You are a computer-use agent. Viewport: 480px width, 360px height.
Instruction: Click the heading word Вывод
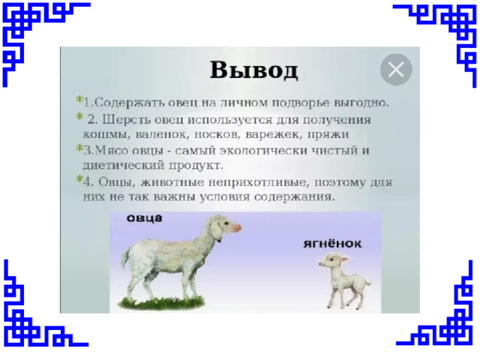point(253,70)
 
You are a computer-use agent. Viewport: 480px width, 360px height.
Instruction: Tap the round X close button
point(396,70)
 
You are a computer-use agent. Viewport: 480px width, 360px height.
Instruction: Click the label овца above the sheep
point(145,218)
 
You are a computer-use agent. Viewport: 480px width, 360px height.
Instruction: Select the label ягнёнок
point(332,244)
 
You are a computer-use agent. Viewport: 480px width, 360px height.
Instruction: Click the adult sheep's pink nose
point(237,227)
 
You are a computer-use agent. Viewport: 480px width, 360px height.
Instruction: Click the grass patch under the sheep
point(161,303)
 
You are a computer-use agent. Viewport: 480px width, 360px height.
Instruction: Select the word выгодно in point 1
point(361,103)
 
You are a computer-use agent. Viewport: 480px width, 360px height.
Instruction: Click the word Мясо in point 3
point(112,151)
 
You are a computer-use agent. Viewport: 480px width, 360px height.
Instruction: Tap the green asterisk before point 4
point(79,178)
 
